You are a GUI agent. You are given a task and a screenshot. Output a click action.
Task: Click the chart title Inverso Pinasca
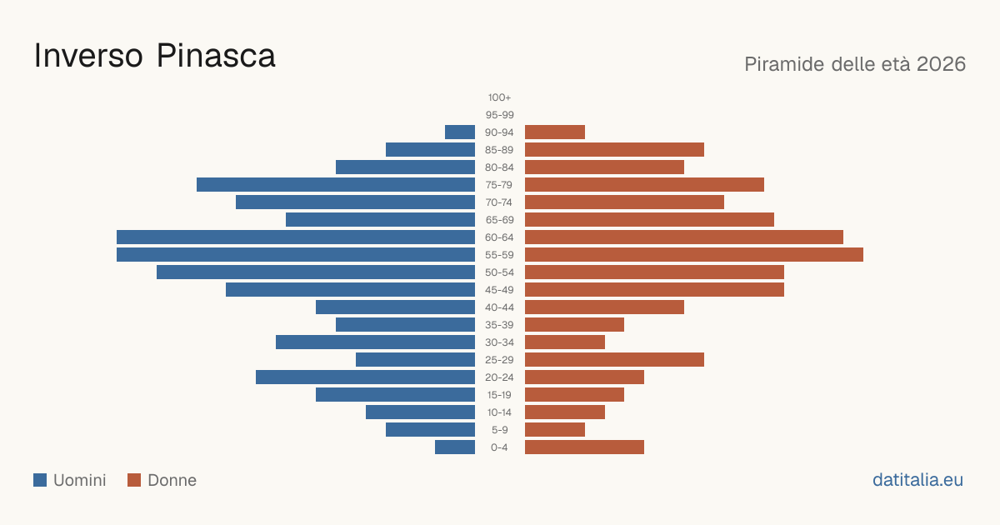tap(154, 56)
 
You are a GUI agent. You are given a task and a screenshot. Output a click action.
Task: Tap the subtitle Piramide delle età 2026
tap(855, 64)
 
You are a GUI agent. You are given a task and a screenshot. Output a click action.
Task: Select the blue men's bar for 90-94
tap(460, 132)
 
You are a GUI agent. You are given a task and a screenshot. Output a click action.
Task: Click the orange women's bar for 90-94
tap(555, 132)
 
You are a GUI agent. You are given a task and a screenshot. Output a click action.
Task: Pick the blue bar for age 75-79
tap(336, 185)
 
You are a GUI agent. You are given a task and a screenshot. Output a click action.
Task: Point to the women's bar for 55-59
tap(694, 255)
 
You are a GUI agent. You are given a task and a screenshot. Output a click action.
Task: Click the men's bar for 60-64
tap(296, 237)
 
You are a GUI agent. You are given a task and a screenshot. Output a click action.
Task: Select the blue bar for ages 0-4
tap(455, 447)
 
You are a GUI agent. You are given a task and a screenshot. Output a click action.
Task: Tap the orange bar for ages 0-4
tap(584, 447)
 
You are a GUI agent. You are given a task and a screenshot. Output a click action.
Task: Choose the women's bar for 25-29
tap(614, 360)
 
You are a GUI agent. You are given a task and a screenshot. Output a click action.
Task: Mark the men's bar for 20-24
tap(365, 377)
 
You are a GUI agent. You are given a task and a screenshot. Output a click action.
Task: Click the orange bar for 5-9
tap(555, 430)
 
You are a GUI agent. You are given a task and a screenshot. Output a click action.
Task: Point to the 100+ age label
tap(499, 97)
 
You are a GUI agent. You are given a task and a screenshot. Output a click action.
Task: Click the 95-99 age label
tap(499, 115)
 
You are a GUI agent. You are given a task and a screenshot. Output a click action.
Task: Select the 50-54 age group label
tap(499, 272)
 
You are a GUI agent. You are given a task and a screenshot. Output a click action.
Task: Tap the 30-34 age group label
tap(499, 342)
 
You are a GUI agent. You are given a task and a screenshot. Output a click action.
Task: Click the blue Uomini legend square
tap(40, 480)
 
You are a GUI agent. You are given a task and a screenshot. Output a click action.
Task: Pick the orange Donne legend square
tap(134, 480)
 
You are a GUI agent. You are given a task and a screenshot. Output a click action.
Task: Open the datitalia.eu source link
tap(917, 480)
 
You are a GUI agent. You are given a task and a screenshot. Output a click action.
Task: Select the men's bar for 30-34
tap(376, 342)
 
